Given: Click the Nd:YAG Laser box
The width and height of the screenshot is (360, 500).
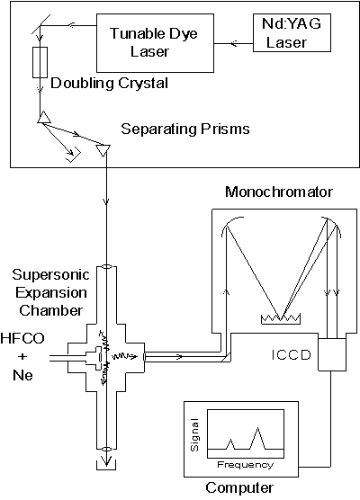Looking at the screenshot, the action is coord(292,33).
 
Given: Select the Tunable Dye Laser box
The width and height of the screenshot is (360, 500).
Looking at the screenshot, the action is coord(155,43).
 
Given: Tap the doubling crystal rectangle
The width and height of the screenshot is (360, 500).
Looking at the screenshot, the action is coord(40,63).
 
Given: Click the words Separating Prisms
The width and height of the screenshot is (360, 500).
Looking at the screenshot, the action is coord(185,129).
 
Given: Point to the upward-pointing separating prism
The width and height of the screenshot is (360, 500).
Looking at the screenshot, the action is coord(44,117).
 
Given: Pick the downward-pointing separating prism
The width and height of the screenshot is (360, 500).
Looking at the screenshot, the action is coord(103,150).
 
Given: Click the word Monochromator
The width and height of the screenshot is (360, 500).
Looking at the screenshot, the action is coord(279,192).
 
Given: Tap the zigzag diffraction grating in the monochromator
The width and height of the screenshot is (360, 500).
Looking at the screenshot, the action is coord(281,319).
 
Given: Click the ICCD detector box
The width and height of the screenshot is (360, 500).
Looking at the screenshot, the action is coord(332,354).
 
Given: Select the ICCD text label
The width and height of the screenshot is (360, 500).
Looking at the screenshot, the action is coord(292,355).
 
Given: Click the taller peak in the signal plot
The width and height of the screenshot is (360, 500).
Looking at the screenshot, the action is coord(258,438).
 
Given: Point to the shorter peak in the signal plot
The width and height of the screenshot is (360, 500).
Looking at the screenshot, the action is coord(230,444).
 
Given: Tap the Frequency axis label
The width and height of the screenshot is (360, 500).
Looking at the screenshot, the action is coord(245,465).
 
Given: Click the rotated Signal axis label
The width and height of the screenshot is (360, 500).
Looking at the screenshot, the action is coord(194,435).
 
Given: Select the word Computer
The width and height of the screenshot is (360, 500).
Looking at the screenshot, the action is coord(239,488).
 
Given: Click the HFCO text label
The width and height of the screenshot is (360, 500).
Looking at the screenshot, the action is coord(22,338).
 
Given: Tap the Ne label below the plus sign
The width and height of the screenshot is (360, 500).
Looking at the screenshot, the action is coord(22,375).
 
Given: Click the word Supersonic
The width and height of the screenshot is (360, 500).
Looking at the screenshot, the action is coord(50,275).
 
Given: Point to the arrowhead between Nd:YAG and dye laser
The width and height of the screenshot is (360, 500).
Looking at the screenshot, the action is coord(234,43).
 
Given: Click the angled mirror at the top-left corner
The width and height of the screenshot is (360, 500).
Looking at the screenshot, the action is coord(40,24).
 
